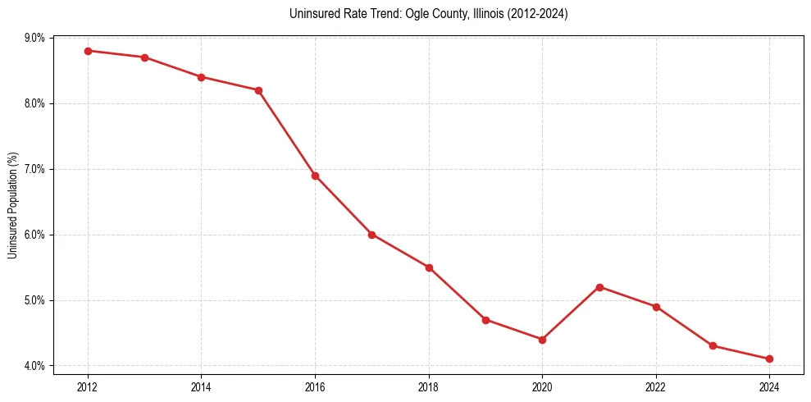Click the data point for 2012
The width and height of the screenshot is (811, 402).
coord(88,51)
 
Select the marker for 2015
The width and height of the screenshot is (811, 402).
coord(258,90)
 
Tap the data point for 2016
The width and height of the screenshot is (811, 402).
coord(315,176)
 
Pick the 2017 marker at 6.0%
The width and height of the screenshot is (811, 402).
coord(371,235)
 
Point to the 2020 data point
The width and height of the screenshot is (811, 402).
coord(542,339)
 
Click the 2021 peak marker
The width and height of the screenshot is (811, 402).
coord(599,287)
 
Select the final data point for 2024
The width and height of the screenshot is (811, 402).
coord(769,359)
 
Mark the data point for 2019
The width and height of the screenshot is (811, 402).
coord(485,320)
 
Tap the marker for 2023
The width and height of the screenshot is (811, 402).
coord(713,345)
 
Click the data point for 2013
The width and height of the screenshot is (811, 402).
coord(144,57)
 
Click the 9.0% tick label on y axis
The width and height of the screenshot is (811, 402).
coord(35,38)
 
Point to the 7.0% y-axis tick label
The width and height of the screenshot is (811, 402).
coord(35,169)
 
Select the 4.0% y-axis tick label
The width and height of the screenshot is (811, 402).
coord(35,366)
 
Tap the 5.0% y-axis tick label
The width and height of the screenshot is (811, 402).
coord(35,300)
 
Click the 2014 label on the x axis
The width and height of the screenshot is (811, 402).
coord(201,386)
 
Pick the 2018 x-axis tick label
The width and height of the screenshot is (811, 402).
coord(428,386)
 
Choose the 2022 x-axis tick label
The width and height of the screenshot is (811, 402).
coord(655,386)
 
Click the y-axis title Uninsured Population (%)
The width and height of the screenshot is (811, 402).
coord(13,205)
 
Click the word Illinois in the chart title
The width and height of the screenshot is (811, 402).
coord(485,14)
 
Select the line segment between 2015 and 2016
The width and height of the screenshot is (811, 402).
coord(287,133)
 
